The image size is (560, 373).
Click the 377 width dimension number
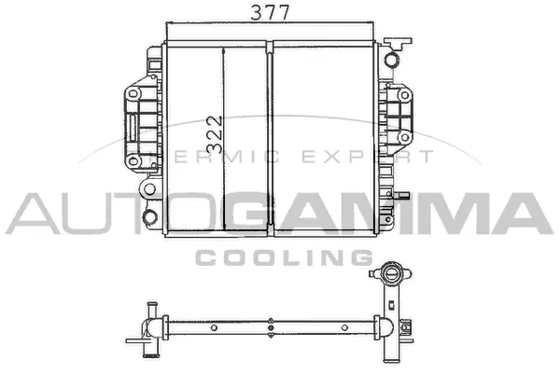pos(270,12)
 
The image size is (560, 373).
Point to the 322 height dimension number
pos(215,134)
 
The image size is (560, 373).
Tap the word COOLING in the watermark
pos(285,257)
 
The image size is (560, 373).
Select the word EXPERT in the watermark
pos(369,157)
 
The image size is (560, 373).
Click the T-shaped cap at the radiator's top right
pos(397,43)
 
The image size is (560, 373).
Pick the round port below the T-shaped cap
pos(391,60)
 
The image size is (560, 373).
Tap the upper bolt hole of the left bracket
pos(133,94)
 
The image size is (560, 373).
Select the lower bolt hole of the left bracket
pos(133,160)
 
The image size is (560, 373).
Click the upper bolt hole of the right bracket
pos(404,95)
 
